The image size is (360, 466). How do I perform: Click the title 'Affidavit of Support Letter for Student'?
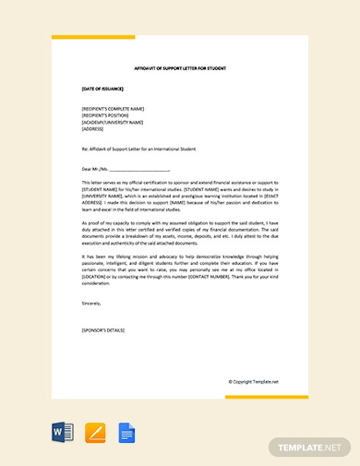point(180,69)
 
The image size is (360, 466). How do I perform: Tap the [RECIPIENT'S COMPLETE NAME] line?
point(113,108)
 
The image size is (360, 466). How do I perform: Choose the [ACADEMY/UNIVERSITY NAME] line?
point(113,123)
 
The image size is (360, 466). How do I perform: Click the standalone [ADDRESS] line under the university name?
point(92,130)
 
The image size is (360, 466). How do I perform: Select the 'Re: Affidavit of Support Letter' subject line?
point(138,149)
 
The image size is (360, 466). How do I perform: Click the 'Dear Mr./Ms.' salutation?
point(95,170)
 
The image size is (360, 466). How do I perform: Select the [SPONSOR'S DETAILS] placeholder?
point(102,329)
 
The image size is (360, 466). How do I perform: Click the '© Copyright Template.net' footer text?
point(253,381)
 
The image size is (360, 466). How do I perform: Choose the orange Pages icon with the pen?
point(94,432)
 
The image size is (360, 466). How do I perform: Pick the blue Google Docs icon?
point(126,432)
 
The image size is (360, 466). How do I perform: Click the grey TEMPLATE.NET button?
point(310,447)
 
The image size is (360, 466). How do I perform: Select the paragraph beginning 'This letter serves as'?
point(180,197)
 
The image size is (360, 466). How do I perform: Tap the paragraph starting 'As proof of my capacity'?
point(180,233)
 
